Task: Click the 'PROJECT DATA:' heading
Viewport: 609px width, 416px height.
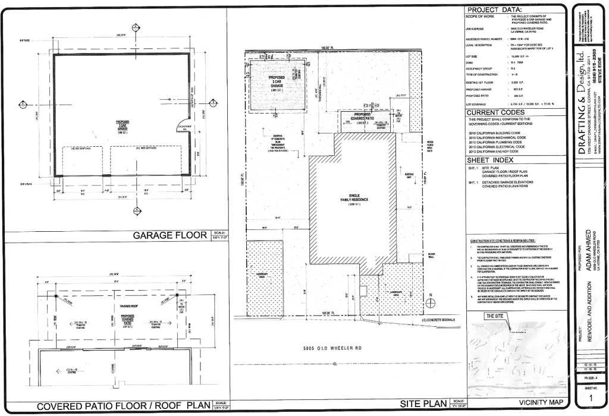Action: (x=495, y=10)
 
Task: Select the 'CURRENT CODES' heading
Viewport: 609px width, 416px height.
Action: (x=495, y=112)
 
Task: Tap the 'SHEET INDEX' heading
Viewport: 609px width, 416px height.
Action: (x=491, y=159)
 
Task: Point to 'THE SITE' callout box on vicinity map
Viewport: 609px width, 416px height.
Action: (x=495, y=316)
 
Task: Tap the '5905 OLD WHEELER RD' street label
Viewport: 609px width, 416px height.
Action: (x=332, y=348)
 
